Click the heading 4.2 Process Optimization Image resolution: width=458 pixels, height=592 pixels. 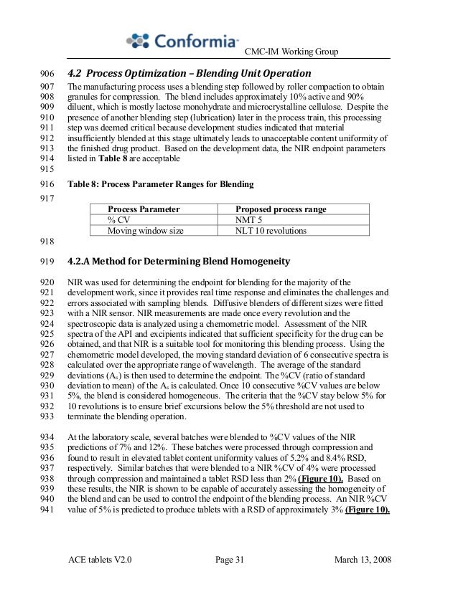(x=190, y=74)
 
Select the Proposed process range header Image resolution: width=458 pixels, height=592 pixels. (x=281, y=209)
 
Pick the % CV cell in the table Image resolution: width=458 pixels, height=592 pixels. (x=117, y=220)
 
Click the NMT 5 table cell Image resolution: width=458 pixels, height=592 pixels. (x=250, y=220)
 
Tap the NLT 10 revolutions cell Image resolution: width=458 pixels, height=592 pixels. (x=271, y=231)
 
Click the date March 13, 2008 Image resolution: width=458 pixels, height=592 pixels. (x=363, y=559)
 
